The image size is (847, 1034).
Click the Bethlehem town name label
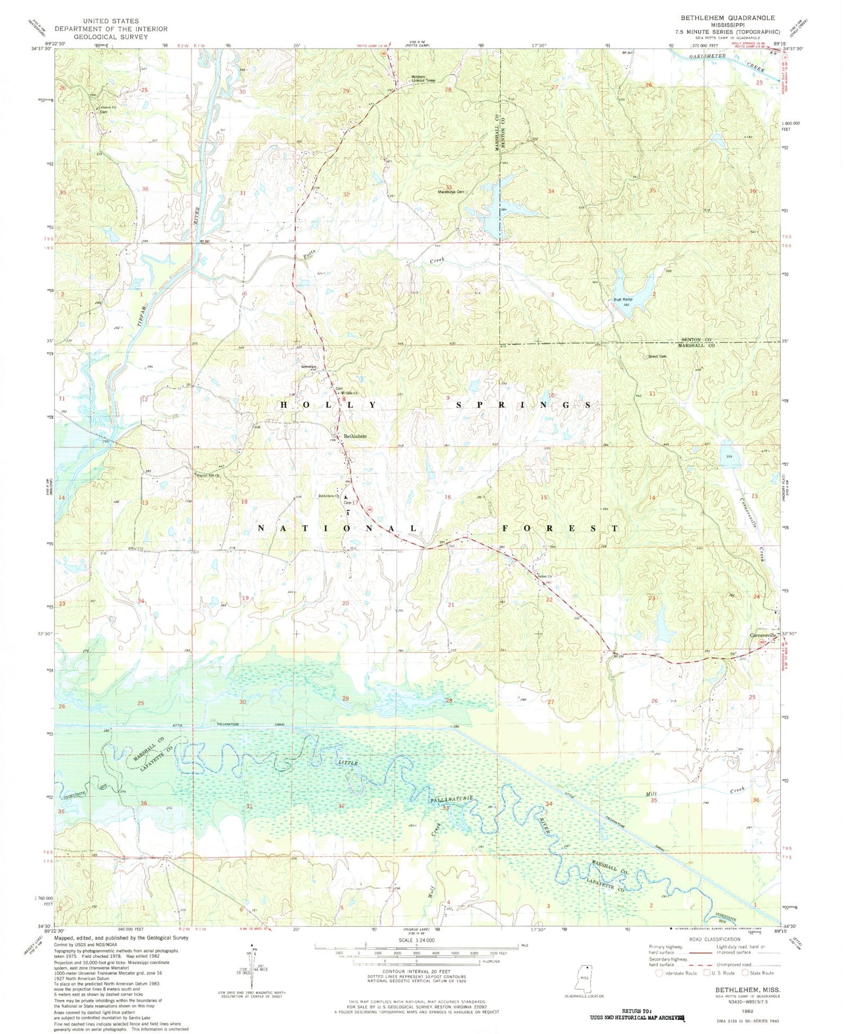(356, 437)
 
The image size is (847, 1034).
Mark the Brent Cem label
(657, 356)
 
